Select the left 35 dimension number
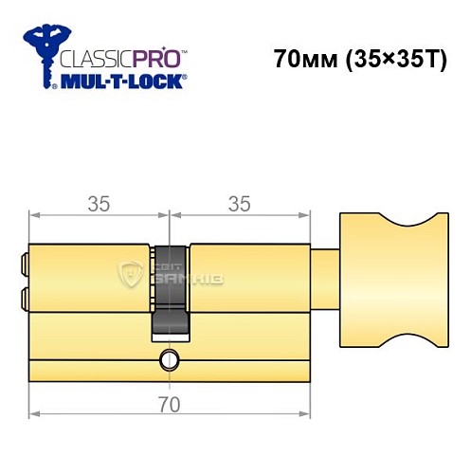tap(100, 202)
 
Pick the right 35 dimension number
tap(241, 202)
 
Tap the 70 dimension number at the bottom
tap(170, 400)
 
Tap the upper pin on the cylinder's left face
tap(24, 259)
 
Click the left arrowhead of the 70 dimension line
tap(34, 414)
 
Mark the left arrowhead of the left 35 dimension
tap(34, 216)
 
